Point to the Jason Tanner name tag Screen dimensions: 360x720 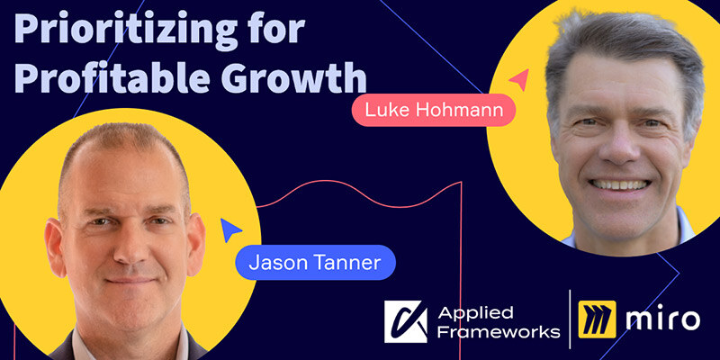tap(314, 263)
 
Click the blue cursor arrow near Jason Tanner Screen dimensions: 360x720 tap(229, 231)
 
